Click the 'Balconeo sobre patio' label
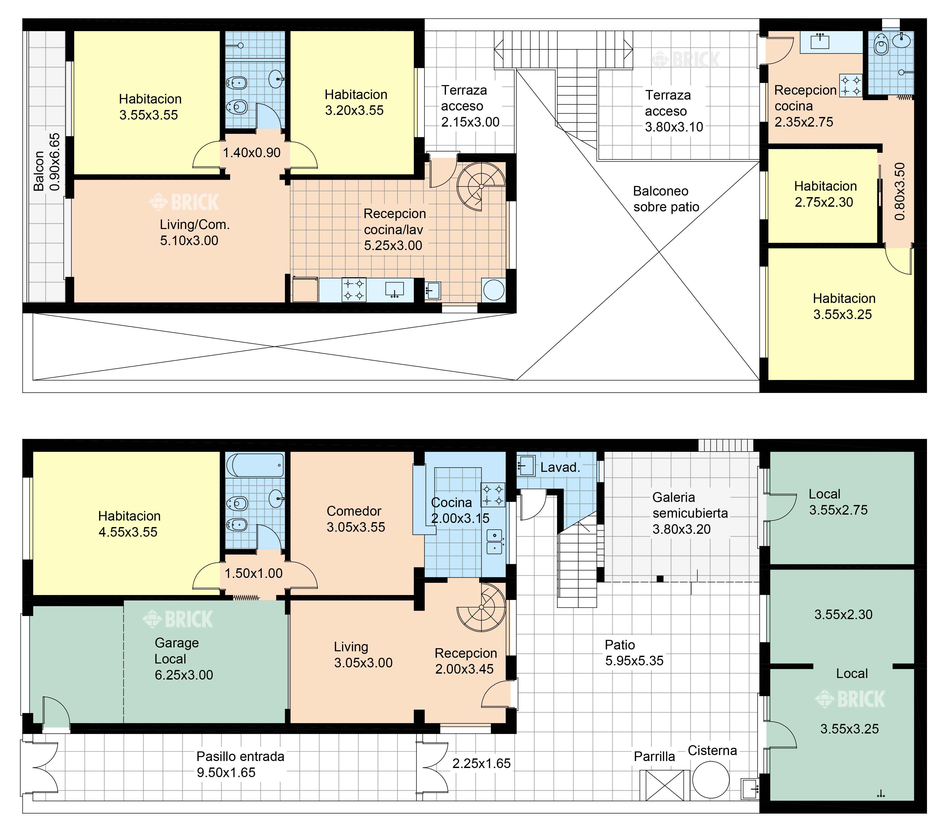pyautogui.click(x=666, y=199)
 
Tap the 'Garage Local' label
pyautogui.click(x=176, y=651)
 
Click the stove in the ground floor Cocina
pyautogui.click(x=493, y=495)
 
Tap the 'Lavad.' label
pyautogui.click(x=560, y=467)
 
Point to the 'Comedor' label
pyautogui.click(x=354, y=511)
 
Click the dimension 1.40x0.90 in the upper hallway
pyautogui.click(x=252, y=153)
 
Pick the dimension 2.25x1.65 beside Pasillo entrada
pyautogui.click(x=482, y=763)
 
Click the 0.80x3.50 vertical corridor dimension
pyautogui.click(x=899, y=191)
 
